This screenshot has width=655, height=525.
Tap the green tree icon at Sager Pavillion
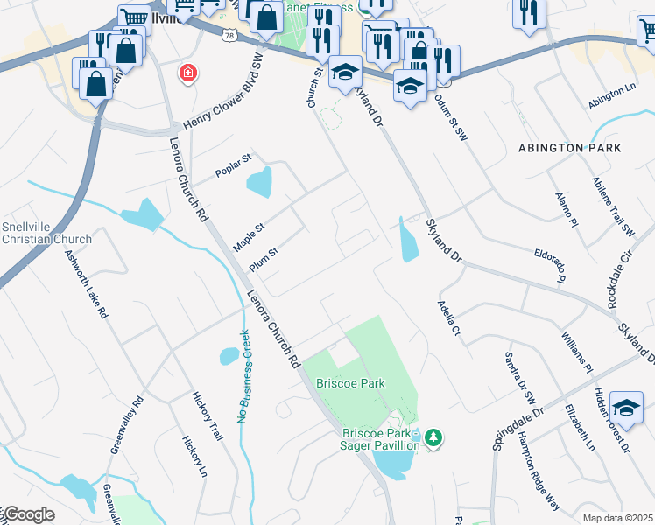point(433,436)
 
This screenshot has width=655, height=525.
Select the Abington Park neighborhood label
point(569,148)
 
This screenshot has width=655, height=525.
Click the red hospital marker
point(187,73)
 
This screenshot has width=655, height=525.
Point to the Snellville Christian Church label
point(46,233)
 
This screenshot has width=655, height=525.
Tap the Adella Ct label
point(448,318)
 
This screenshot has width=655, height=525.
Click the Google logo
point(27,515)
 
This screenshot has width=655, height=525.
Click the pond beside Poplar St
point(260,183)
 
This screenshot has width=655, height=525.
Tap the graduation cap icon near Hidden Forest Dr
point(625,406)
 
